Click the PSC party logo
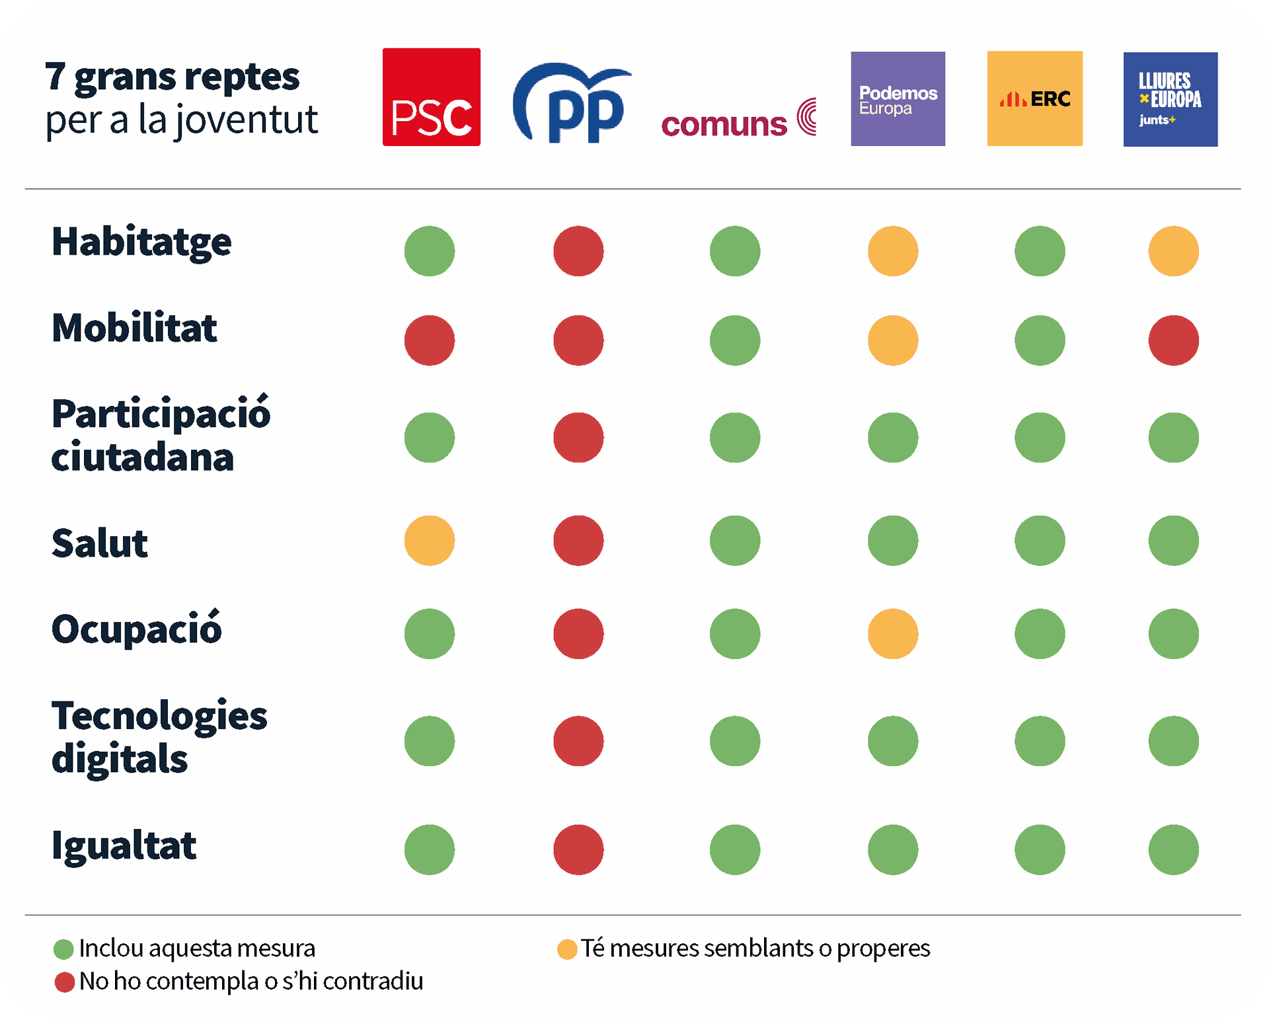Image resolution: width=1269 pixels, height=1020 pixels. (x=431, y=97)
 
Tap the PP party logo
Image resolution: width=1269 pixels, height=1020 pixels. (x=572, y=102)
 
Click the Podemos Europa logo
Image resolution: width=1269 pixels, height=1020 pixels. (x=898, y=98)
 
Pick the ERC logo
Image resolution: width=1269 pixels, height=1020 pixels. (x=1034, y=98)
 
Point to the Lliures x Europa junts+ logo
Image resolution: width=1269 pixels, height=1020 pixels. (x=1170, y=99)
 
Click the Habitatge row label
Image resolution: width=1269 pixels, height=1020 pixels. (x=141, y=242)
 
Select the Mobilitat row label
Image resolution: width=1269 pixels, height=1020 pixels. (x=134, y=328)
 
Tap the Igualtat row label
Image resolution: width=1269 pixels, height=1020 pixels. (x=124, y=845)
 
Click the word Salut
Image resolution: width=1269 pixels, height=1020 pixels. (x=100, y=543)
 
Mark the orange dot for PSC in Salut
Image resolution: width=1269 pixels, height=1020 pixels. (x=430, y=541)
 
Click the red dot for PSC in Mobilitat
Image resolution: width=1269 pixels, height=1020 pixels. (x=430, y=340)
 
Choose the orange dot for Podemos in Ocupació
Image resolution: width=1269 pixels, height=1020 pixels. (x=893, y=634)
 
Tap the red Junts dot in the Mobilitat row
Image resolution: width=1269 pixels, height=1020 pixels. (x=1173, y=340)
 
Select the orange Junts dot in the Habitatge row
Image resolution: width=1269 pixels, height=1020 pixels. (x=1173, y=251)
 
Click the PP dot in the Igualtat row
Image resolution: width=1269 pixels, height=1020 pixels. (x=578, y=849)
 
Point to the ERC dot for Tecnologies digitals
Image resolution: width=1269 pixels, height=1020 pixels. (x=1040, y=741)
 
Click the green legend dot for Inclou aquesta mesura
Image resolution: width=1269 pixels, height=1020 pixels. (x=63, y=949)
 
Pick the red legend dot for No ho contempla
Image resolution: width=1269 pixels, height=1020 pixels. (x=64, y=982)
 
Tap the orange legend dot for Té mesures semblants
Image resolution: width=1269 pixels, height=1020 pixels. (x=567, y=949)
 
